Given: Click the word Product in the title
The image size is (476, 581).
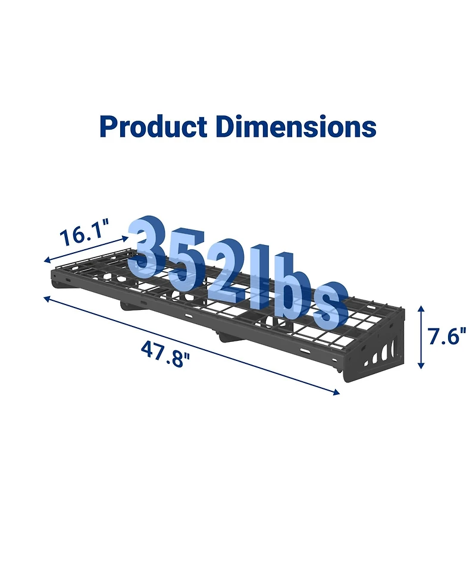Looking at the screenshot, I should click(x=154, y=127).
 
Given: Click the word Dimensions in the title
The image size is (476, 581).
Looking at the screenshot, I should click(x=296, y=127).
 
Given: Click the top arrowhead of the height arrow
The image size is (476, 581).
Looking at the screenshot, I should click(x=421, y=309).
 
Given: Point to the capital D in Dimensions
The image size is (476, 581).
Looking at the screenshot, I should click(x=227, y=127).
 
